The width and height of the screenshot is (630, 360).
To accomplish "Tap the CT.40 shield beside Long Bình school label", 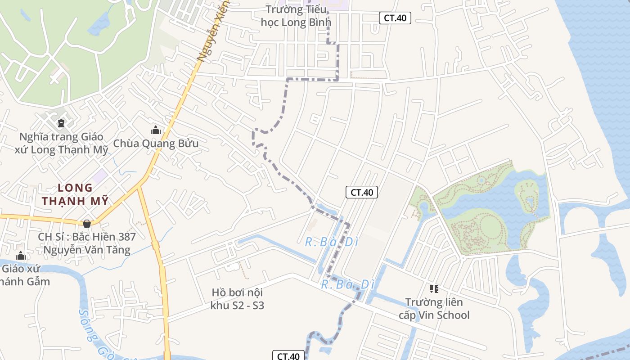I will (395, 18).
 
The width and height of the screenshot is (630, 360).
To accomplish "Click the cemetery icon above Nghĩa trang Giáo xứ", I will (61, 123).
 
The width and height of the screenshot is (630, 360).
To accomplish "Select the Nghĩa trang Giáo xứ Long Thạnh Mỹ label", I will (61, 143).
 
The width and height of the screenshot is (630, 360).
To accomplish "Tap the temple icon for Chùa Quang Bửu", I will (156, 130).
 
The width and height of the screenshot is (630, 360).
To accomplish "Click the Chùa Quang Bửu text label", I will (156, 144).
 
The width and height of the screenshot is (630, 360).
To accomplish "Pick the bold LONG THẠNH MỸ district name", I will (76, 194).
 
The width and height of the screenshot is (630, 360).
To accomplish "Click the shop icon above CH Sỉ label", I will (87, 224).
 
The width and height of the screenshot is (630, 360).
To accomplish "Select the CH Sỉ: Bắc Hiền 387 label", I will (87, 243).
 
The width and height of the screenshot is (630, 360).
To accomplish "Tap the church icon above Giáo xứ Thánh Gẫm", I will (21, 256).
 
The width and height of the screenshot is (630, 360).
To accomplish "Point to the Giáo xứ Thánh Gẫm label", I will (25, 275).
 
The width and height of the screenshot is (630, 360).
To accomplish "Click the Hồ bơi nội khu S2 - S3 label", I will (237, 299).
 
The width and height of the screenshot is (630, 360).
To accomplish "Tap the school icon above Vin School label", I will (434, 288).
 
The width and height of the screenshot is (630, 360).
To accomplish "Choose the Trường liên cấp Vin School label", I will (434, 308).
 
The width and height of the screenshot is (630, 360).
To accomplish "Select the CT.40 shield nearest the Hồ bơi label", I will (288, 356).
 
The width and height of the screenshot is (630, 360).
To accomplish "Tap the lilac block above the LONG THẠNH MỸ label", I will (100, 176).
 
